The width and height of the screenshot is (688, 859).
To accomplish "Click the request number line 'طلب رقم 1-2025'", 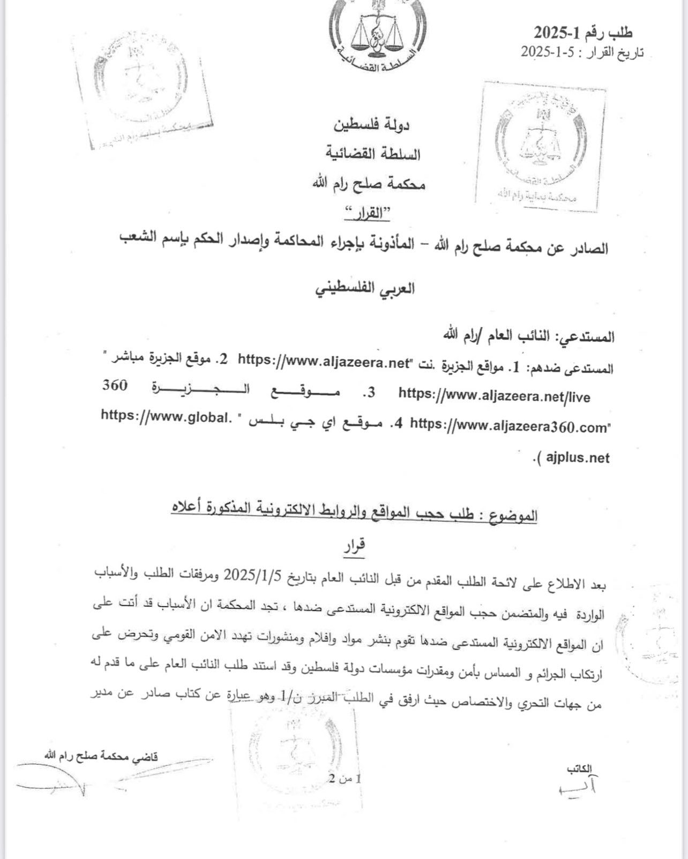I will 582,33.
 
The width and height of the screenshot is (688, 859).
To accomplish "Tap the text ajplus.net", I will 578,458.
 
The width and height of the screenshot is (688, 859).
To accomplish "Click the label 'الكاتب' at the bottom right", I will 579,769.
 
